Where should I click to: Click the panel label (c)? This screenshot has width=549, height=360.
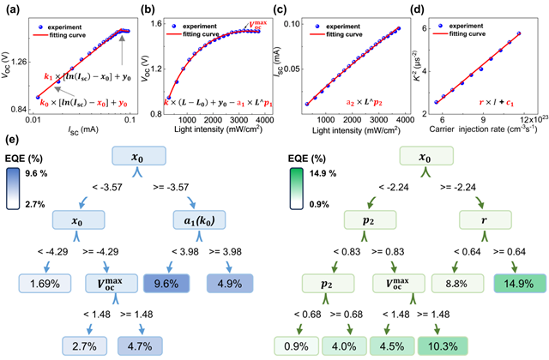[x=281, y=10]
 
